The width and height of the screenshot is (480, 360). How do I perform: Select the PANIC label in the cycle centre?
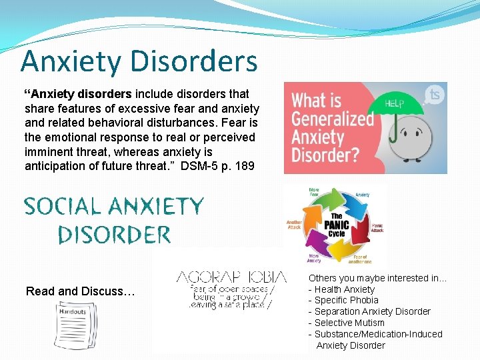pos(337,225)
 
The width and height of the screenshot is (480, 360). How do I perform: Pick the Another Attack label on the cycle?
pos(295,224)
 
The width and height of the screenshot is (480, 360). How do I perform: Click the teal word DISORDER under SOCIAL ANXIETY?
pos(114,234)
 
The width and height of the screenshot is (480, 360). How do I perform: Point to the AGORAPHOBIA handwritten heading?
pos(231,277)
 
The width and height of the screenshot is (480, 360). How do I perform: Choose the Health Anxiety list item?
pos(344,289)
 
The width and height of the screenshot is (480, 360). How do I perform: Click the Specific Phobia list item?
pos(346,300)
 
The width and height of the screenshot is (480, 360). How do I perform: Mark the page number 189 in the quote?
pos(244,165)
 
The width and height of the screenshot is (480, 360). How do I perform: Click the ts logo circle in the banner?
pos(436,95)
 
